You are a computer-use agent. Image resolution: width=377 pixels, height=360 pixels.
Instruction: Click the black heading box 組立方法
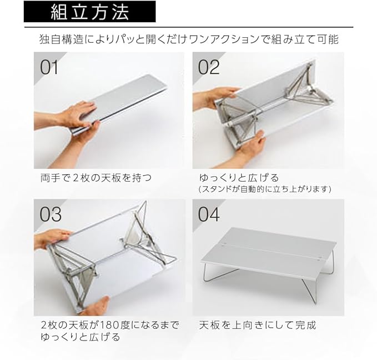[90, 12]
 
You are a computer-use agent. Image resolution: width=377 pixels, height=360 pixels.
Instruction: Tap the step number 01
[49, 67]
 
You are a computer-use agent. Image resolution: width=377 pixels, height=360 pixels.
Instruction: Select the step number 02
[209, 67]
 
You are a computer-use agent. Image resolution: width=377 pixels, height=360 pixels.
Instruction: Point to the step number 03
[51, 214]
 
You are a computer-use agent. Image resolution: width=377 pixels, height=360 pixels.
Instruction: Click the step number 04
[209, 214]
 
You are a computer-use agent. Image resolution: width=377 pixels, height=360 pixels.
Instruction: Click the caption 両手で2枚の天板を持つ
[96, 178]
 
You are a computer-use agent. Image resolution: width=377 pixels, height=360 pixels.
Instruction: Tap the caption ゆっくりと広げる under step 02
[239, 178]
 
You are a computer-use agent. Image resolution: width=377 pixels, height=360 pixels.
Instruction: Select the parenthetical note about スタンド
[265, 189]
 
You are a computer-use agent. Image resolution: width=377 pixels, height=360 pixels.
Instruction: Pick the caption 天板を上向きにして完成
[257, 325]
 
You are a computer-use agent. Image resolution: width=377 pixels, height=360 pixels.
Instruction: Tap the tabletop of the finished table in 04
[268, 252]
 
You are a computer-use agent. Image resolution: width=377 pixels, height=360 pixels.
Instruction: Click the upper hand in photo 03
[53, 238]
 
